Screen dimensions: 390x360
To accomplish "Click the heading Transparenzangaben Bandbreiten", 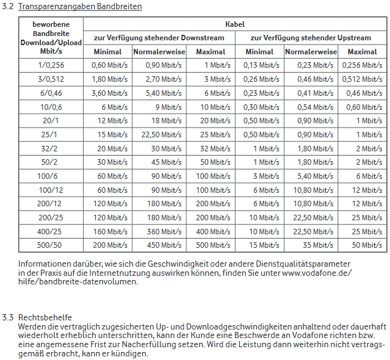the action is coord(80,6).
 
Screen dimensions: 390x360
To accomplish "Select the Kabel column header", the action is coord(235,24).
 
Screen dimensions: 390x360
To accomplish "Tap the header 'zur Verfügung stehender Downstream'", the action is coord(159,38).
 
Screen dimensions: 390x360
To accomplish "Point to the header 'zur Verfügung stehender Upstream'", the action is coord(311,38).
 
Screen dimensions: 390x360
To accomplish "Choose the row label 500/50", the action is coord(49,245).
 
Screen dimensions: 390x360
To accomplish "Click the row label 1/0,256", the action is coord(51,65).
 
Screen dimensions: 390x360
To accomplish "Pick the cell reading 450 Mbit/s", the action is coord(164,245).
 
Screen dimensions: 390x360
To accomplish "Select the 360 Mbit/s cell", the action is coord(164,231).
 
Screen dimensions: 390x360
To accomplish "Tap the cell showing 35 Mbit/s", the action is coord(318,245).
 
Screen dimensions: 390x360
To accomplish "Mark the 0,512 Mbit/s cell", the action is coord(362,79).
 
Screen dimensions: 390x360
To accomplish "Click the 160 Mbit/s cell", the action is coord(110,231).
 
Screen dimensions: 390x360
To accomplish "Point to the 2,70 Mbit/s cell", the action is coord(164,79).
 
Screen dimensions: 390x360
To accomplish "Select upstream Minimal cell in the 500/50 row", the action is coord(264,245).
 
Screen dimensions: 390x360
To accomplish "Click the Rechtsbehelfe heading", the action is coord(45,317).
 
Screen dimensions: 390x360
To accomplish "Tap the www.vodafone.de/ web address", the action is coord(317,273).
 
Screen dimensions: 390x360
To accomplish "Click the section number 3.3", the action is coord(8,317).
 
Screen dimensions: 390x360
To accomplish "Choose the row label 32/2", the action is coord(49,149).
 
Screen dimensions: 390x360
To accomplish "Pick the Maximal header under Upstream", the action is coord(362,52).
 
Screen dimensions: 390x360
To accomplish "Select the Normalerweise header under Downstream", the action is coord(159,52).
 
